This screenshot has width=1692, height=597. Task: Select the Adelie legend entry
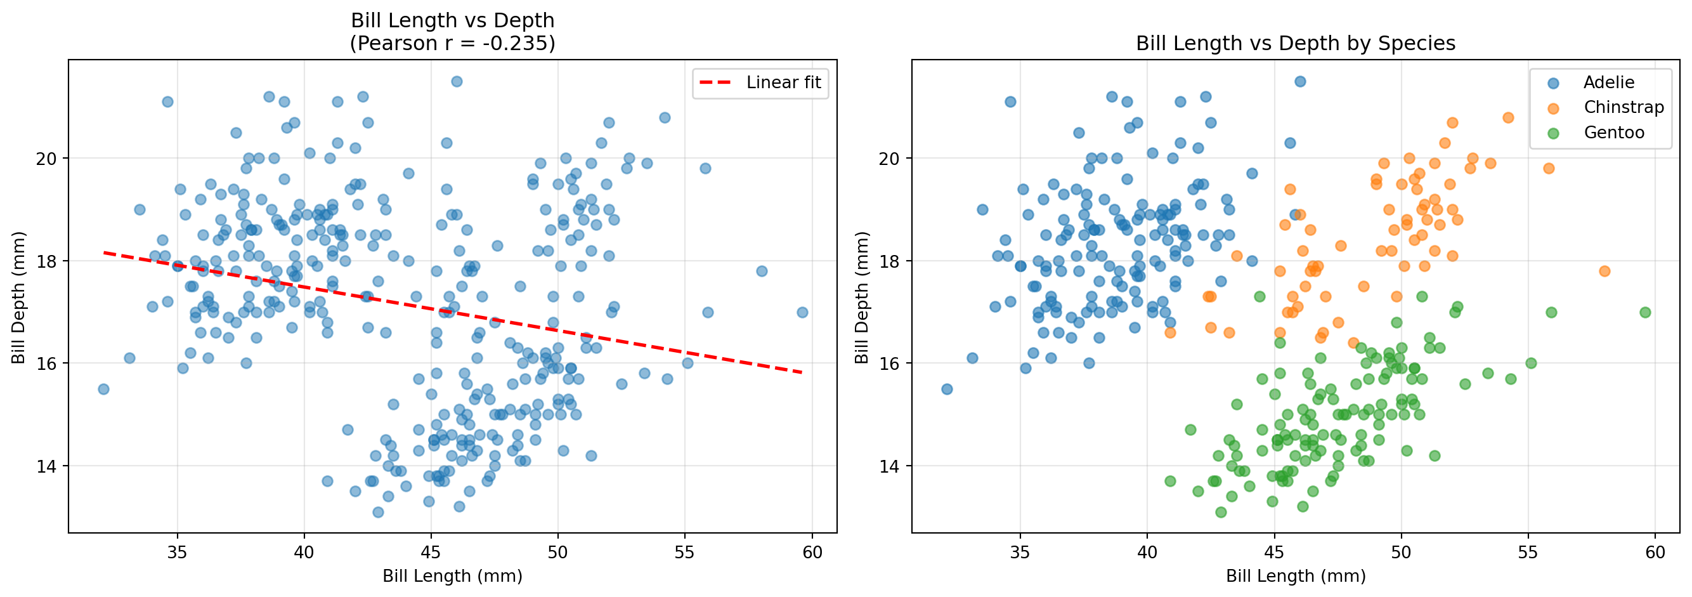click(1608, 82)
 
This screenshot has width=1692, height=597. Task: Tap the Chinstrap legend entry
click(1623, 108)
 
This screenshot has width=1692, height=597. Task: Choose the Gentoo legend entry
click(1614, 133)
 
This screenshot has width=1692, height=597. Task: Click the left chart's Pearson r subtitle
click(452, 44)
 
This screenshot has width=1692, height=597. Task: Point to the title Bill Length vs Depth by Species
click(1295, 44)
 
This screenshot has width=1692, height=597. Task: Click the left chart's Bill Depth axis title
click(18, 297)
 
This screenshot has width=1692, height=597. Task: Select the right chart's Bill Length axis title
click(1295, 576)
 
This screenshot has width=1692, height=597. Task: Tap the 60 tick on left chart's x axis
click(812, 553)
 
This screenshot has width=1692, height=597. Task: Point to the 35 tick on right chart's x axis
click(1020, 553)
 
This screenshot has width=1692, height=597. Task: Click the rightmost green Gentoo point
click(1644, 313)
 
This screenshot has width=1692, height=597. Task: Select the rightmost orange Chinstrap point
click(1604, 272)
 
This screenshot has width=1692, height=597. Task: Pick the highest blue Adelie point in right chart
click(1300, 81)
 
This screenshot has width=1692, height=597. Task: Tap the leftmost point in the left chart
click(103, 390)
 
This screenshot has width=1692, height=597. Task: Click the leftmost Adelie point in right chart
click(946, 390)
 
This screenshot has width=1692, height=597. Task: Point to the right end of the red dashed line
click(802, 372)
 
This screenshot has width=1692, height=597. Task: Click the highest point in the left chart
click(457, 81)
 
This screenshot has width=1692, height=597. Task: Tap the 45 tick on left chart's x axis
click(431, 553)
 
